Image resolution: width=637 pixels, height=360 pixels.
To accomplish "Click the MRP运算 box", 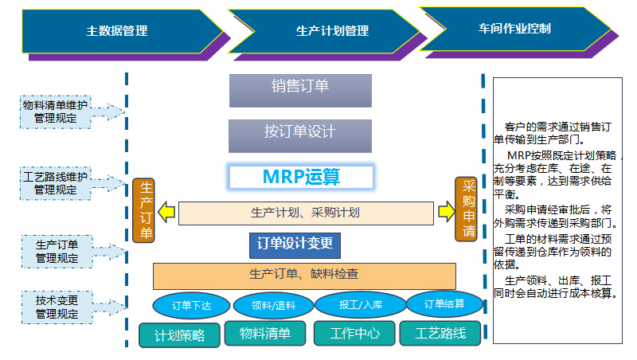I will click(x=301, y=177).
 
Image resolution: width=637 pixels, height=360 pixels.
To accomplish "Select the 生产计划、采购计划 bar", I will click(x=306, y=213).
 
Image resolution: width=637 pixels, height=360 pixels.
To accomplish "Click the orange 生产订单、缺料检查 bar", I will click(x=304, y=275).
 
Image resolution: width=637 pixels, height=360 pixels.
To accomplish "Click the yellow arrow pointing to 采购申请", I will click(x=444, y=213).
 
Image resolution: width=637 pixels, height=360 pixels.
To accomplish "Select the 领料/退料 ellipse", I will click(x=272, y=305).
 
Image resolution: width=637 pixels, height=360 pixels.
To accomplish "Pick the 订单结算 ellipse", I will click(x=444, y=303).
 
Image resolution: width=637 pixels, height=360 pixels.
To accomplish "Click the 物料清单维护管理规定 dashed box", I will click(x=56, y=112).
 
